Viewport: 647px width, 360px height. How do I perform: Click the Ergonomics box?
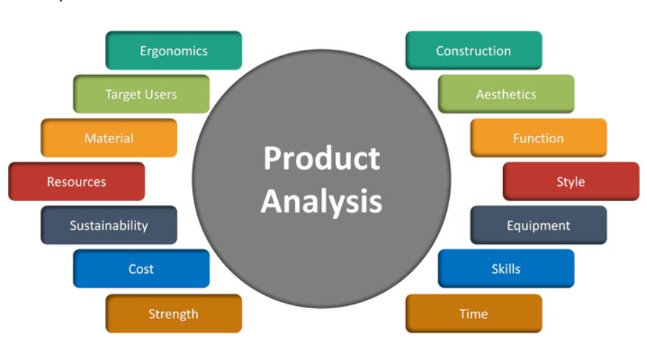(x=173, y=50)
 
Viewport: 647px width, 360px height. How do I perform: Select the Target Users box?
(x=141, y=94)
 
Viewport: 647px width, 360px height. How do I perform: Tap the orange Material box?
(x=109, y=138)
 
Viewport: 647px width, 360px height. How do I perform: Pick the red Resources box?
(x=77, y=181)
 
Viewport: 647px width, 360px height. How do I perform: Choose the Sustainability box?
(x=109, y=225)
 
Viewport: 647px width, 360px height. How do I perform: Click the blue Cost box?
(x=141, y=269)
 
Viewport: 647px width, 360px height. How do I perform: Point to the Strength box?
(x=173, y=313)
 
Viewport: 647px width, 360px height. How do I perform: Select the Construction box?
(x=474, y=50)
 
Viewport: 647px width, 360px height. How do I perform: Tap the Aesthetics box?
(x=506, y=94)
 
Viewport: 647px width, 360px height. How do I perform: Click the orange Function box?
(x=538, y=138)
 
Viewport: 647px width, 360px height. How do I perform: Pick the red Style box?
(x=571, y=181)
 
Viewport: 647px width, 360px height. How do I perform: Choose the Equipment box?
(x=538, y=225)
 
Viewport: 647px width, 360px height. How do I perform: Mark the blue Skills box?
(x=506, y=269)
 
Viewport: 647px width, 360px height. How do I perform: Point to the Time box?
(x=474, y=313)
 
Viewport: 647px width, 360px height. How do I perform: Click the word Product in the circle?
(x=322, y=158)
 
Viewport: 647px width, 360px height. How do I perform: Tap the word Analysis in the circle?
(x=322, y=202)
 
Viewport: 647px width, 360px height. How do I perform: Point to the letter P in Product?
(x=272, y=158)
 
